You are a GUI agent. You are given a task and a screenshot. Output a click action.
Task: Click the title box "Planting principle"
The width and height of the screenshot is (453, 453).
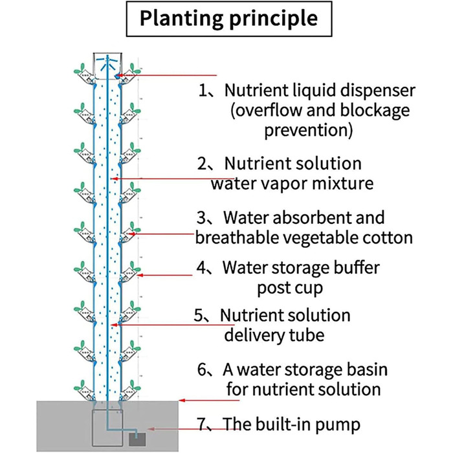226,19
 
